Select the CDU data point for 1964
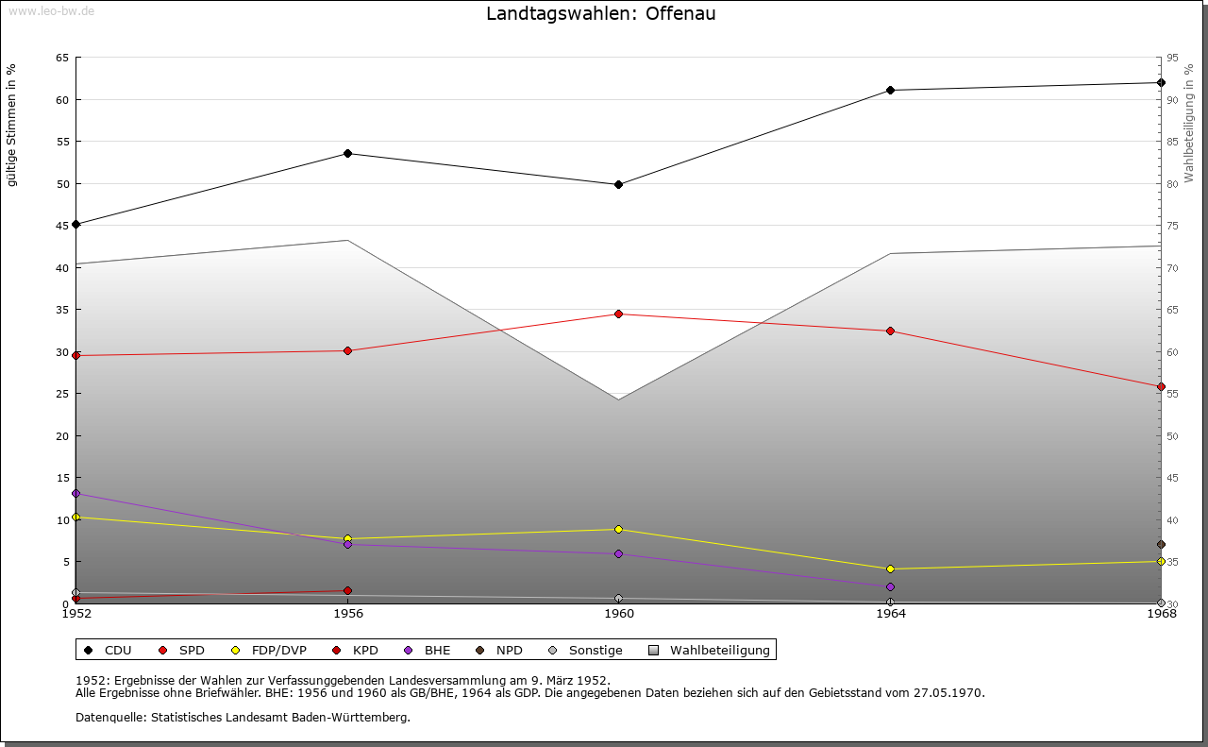click(x=890, y=91)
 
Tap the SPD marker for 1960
click(x=619, y=314)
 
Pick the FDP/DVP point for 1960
click(x=619, y=529)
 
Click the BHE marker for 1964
click(x=890, y=586)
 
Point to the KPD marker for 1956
click(x=347, y=590)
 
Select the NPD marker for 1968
click(x=1161, y=544)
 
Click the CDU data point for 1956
click(x=347, y=153)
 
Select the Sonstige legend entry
click(x=585, y=650)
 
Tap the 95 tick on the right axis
click(x=1173, y=58)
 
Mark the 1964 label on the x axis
click(x=890, y=613)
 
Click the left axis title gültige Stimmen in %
click(x=12, y=125)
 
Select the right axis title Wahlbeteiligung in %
click(x=1190, y=123)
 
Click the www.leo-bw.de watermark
click(x=51, y=9)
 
